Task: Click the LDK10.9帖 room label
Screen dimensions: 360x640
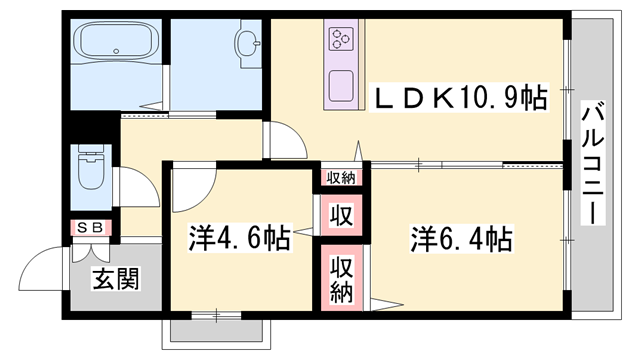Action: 460,97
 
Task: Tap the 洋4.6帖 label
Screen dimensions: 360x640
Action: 240,239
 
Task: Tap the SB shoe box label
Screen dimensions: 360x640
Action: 91,228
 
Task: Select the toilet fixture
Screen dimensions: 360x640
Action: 90,170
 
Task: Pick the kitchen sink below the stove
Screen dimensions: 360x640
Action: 341,84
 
